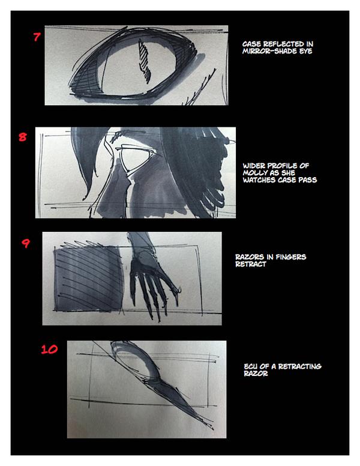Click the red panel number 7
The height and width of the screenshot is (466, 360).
[37, 37]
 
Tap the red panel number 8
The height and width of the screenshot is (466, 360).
[23, 137]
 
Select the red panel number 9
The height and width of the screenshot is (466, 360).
[26, 243]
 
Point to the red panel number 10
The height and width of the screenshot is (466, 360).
[49, 349]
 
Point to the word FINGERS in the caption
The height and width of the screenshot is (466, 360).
[290, 257]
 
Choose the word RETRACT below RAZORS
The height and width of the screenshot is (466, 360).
[250, 264]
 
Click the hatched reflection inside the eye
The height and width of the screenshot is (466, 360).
[145, 61]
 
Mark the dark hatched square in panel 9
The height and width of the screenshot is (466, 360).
[88, 278]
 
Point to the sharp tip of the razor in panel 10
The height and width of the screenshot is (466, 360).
[213, 429]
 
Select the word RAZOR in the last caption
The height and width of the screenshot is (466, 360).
[256, 374]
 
